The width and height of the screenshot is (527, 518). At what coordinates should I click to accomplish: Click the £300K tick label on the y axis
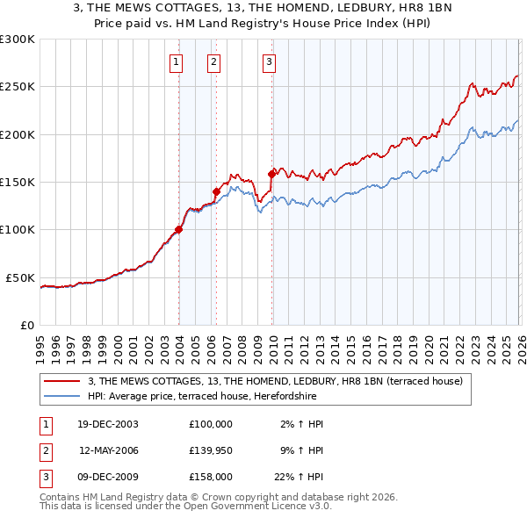[x=18, y=40]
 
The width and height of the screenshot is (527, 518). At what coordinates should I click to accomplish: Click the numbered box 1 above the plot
[x=177, y=61]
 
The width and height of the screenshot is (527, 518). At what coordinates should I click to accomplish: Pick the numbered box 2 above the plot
[x=213, y=61]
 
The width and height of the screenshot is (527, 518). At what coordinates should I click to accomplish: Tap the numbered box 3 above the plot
[x=268, y=61]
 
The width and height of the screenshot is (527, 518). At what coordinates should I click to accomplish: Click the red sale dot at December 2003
[x=179, y=230]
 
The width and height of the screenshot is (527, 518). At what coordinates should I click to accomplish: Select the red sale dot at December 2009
[x=271, y=175]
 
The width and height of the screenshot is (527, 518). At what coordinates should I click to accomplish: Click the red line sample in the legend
[x=62, y=381]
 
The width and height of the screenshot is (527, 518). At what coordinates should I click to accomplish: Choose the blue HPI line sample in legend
[x=62, y=396]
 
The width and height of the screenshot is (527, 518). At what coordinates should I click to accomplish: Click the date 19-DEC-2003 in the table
[x=108, y=424]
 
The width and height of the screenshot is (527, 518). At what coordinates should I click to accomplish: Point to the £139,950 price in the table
[x=211, y=450]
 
